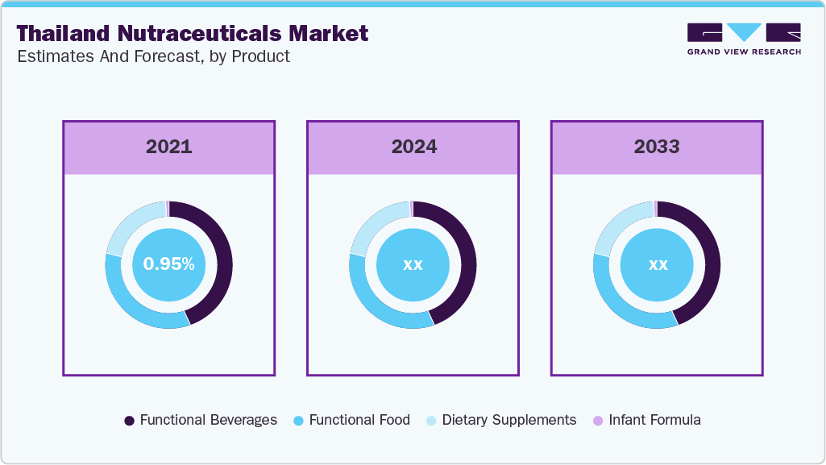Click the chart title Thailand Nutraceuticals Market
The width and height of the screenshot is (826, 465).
(x=193, y=33)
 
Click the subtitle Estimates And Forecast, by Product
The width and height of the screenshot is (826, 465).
(x=153, y=56)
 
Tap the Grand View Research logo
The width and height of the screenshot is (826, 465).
(x=744, y=39)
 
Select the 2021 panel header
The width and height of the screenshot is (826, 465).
(x=168, y=147)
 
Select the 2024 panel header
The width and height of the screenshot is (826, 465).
(x=413, y=147)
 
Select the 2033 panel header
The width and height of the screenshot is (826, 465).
(x=657, y=147)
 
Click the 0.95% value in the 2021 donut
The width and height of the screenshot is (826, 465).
(x=168, y=264)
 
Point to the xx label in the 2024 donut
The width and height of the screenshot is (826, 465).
(x=413, y=264)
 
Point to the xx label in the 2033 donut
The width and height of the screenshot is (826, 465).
(x=658, y=264)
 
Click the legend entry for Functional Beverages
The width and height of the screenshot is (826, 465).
(x=201, y=420)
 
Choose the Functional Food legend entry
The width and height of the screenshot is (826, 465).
(x=351, y=420)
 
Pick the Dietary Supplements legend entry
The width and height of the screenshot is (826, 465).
(x=500, y=420)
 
